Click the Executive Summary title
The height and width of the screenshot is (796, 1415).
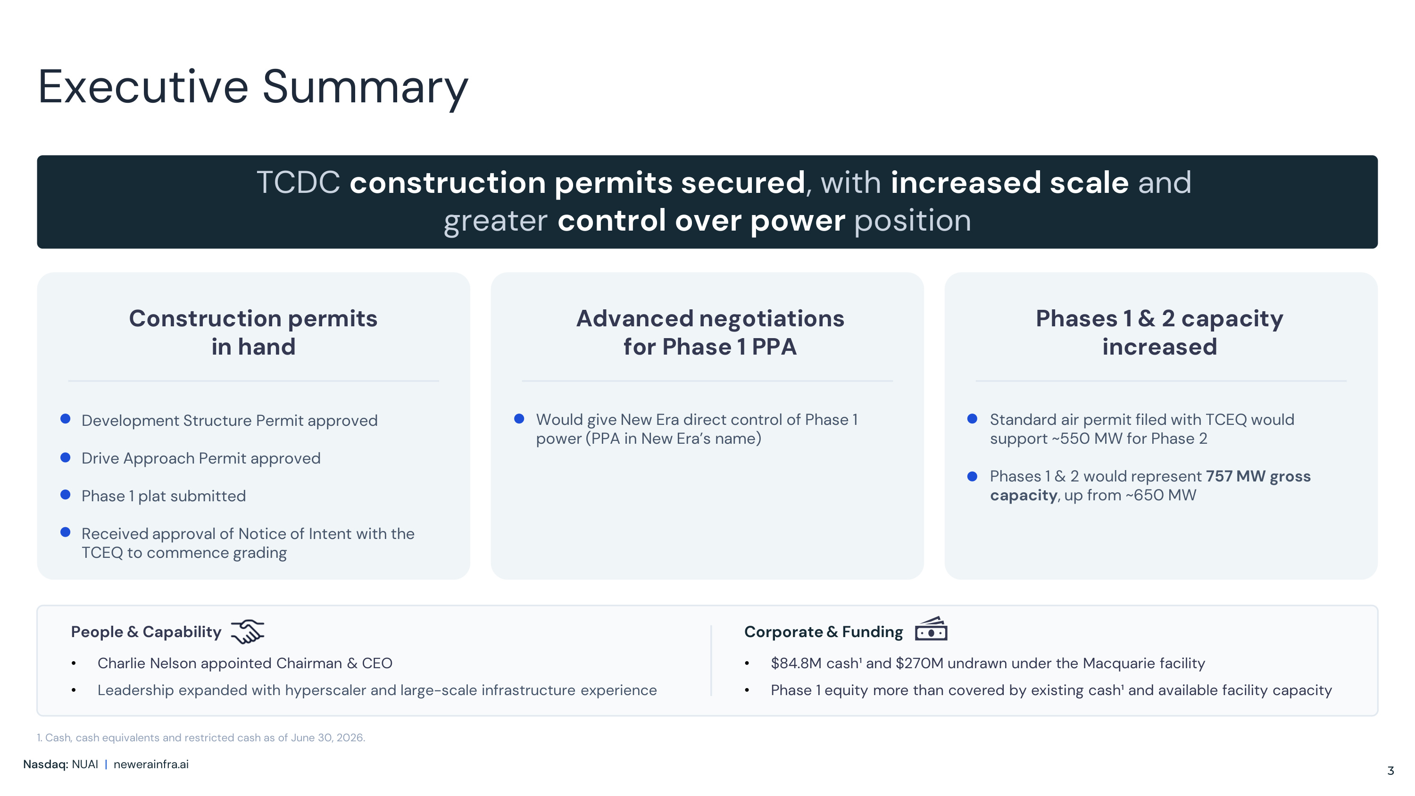click(253, 87)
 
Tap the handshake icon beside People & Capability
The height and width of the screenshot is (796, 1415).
click(247, 631)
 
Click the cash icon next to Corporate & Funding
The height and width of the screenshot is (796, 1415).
click(931, 629)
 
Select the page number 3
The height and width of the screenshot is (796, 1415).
click(1390, 771)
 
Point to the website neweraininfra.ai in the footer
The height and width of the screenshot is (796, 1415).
click(151, 764)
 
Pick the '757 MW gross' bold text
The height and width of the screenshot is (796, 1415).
click(1258, 476)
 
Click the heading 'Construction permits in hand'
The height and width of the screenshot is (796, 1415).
click(253, 332)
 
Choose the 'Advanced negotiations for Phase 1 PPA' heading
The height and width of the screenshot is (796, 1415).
click(710, 332)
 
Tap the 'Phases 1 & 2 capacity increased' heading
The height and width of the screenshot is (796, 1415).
click(1159, 332)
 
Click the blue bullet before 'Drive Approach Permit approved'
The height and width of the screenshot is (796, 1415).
click(66, 457)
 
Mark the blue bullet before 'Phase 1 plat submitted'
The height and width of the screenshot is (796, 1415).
click(66, 494)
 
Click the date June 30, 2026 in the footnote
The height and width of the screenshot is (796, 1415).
click(327, 738)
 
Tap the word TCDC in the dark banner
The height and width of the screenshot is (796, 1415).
click(298, 182)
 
